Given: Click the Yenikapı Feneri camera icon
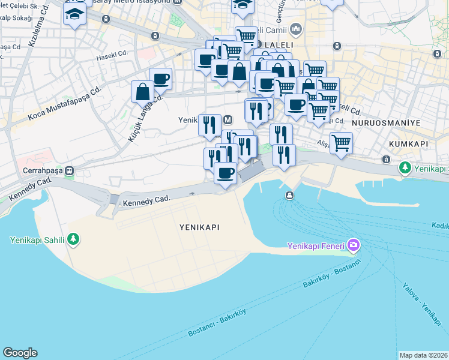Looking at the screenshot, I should click(353, 245).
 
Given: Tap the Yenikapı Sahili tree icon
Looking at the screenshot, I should click(73, 240).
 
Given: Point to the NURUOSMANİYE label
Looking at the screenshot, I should click(386, 122).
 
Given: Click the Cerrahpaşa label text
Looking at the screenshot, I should click(39, 170).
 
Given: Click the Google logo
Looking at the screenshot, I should click(20, 353).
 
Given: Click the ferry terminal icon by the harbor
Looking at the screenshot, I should click(289, 195).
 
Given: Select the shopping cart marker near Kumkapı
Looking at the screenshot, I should click(341, 143).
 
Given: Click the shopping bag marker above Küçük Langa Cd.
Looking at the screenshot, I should click(143, 91).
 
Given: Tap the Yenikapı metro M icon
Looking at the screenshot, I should click(228, 120).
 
